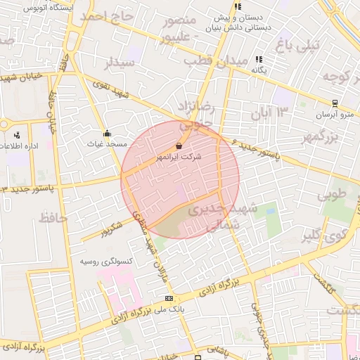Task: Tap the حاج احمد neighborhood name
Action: [x=105, y=24]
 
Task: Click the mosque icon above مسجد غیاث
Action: [x=107, y=132]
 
